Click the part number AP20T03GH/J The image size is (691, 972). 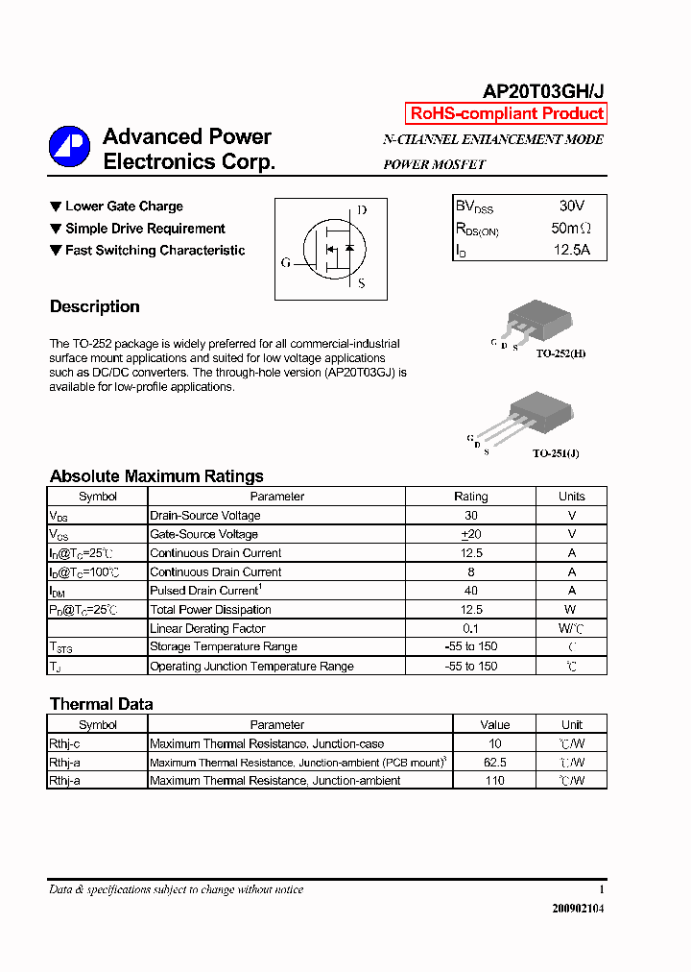542,91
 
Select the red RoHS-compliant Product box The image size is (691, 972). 507,113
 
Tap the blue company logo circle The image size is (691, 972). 69,146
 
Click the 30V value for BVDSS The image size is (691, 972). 571,206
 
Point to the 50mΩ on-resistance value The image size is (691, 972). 571,229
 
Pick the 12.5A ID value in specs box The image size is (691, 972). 571,251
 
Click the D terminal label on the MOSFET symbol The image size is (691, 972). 361,210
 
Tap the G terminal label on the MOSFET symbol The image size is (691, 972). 286,262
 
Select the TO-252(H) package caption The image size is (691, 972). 560,354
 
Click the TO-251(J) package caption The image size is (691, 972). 556,452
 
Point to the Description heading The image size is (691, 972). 95,307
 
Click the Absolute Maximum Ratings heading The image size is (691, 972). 156,476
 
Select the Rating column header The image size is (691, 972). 470,497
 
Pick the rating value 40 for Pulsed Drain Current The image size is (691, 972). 470,591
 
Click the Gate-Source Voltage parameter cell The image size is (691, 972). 204,534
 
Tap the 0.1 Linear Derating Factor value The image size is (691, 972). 470,628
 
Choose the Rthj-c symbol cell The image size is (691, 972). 65,743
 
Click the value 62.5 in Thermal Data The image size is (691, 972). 495,763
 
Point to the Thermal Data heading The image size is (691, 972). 101,704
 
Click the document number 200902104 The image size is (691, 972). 578,909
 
